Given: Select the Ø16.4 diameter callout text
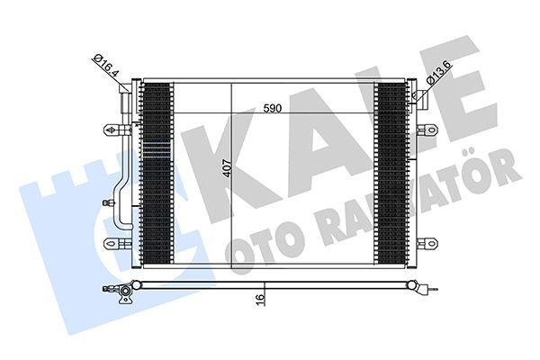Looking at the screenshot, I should point(106,66).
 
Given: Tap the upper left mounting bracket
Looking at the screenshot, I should point(113,130).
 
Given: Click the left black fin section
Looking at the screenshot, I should point(157,171).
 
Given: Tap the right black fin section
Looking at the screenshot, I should point(390,171).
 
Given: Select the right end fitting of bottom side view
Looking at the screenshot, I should point(423,289).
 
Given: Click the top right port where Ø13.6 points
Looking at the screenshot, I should point(416,91).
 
